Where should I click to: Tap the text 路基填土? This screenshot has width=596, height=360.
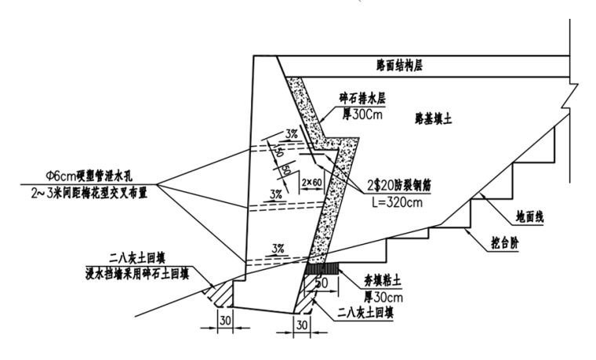tap(433, 120)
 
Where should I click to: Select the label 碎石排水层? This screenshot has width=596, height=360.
tap(362, 99)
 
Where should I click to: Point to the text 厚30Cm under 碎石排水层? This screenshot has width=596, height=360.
tap(362, 114)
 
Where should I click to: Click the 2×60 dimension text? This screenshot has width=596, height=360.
tap(311, 183)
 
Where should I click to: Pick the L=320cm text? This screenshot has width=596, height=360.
tap(397, 202)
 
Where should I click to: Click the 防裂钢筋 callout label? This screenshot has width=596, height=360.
tap(398, 186)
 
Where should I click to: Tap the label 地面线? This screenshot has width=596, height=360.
tap(529, 217)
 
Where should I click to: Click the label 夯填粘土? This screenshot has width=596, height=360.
tap(377, 282)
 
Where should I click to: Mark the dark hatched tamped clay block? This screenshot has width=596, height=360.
tap(322, 268)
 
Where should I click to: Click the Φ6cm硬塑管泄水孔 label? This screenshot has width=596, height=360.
tap(89, 176)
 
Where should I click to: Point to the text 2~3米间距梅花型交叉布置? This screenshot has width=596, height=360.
tap(89, 193)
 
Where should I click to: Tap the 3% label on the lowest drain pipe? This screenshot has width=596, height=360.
tap(278, 249)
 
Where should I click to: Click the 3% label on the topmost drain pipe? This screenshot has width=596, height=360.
tap(292, 134)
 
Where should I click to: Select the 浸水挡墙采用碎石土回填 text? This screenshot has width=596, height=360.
tap(137, 274)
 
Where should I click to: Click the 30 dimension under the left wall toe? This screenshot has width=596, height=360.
tap(225, 321)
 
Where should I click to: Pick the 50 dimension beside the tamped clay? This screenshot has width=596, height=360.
tap(322, 283)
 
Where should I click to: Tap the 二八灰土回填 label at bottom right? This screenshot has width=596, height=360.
tap(366, 313)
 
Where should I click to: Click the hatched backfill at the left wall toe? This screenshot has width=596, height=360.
tap(219, 293)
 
